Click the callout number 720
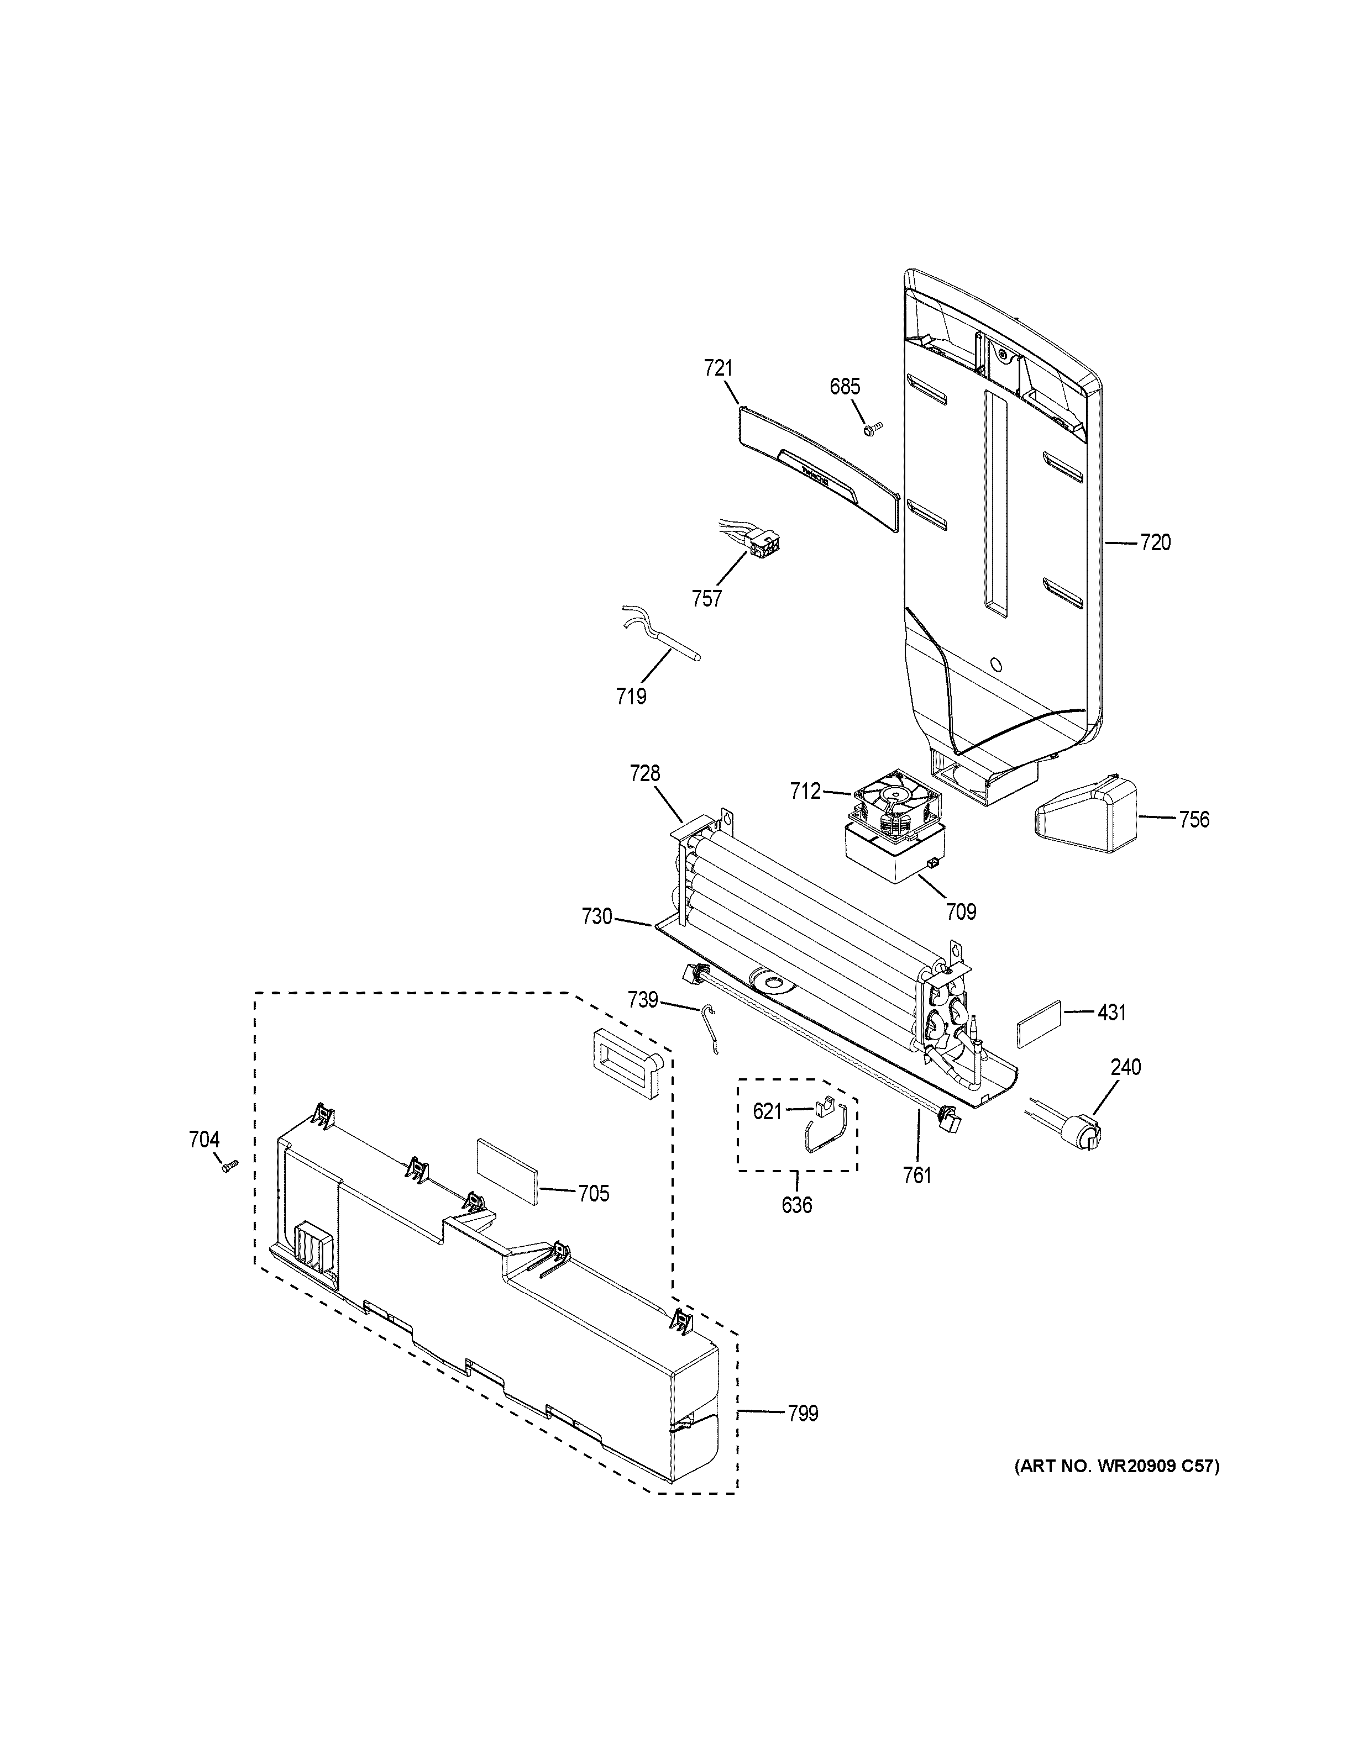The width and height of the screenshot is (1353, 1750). (x=1155, y=542)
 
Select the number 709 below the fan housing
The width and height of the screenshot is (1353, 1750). (x=961, y=911)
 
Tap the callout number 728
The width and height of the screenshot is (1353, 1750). (x=644, y=773)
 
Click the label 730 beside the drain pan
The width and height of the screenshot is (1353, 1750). (x=597, y=916)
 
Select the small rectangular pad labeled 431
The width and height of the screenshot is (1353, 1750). (x=1040, y=1023)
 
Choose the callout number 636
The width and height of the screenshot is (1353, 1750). (x=797, y=1227)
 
